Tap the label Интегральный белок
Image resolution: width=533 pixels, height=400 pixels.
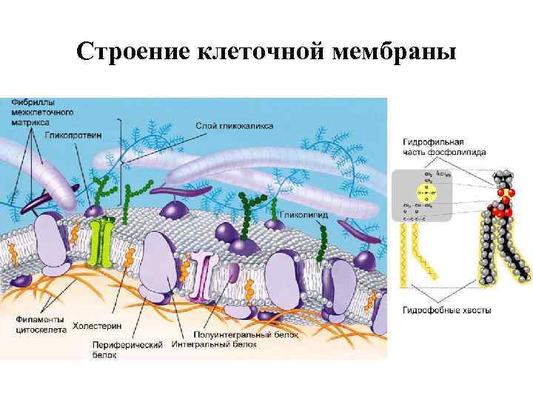[215, 345]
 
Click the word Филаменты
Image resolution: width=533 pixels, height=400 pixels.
[37, 319]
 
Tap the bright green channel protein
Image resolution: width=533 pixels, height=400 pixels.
[100, 241]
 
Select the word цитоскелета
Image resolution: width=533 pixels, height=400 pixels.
[39, 329]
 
